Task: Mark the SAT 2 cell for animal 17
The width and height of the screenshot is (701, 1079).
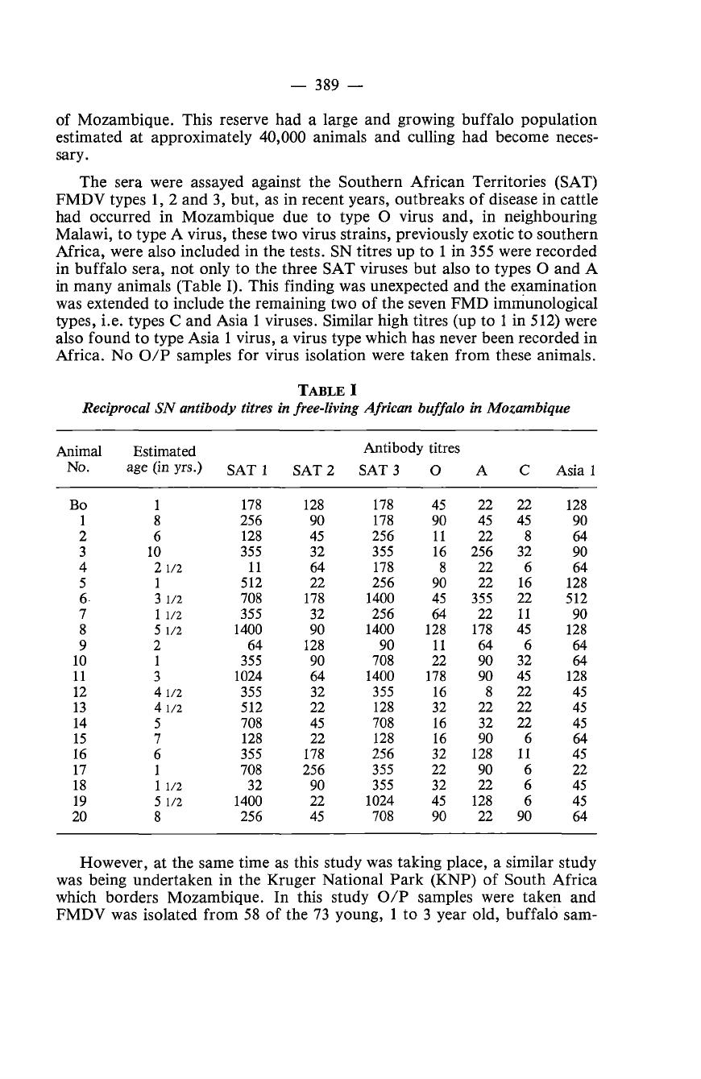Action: pos(313,770)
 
